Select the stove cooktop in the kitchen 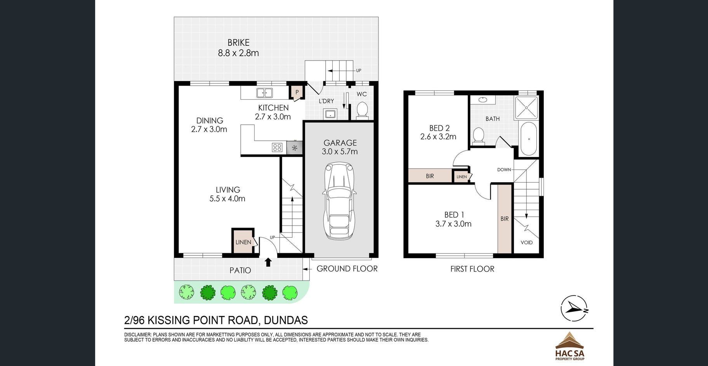click(x=277, y=147)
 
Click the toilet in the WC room click(x=362, y=109)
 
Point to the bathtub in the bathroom click(x=528, y=139)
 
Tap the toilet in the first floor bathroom click(x=479, y=136)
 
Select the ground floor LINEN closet click(x=243, y=241)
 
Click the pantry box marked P click(x=297, y=92)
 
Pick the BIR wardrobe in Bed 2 click(x=430, y=176)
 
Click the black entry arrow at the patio click(x=268, y=262)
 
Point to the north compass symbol click(x=574, y=309)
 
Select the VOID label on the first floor click(x=526, y=242)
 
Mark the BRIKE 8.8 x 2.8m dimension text click(x=238, y=48)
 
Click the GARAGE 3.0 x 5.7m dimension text click(x=340, y=147)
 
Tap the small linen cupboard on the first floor click(x=462, y=176)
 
